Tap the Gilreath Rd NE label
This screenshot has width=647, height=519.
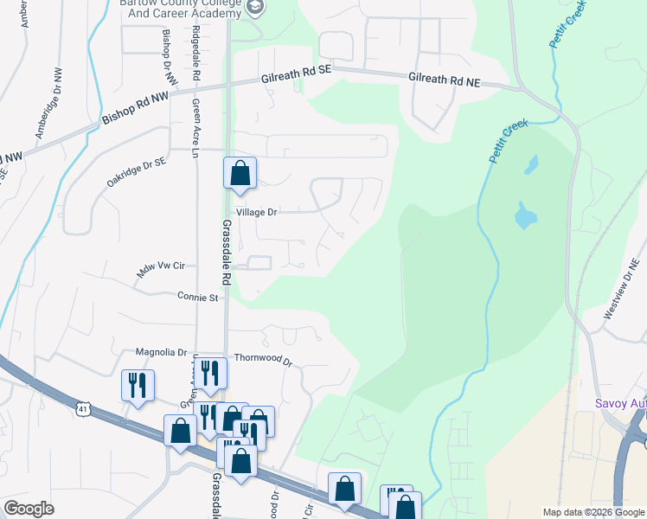coord(443,80)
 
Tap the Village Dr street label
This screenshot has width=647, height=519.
coord(256,212)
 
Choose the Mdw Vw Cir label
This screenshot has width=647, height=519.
coord(162,270)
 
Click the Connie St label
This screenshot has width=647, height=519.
coord(197,298)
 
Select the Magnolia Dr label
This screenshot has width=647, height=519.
coord(162,352)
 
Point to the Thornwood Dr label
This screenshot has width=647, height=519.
coord(264,359)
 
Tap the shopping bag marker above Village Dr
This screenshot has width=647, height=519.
coord(240,173)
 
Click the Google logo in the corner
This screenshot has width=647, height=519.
coord(29,509)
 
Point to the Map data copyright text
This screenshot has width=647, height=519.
coord(594,512)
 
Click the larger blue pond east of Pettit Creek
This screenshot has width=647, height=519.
coord(524,215)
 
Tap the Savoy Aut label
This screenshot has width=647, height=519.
coord(620,402)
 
